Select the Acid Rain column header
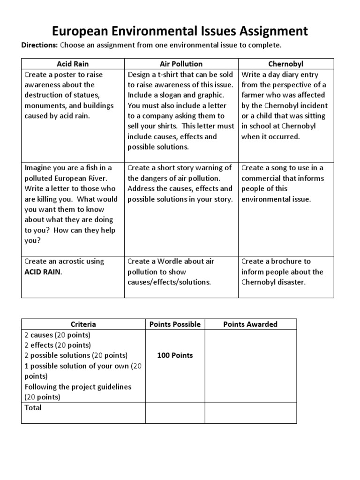(x=73, y=64)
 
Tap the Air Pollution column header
(x=181, y=64)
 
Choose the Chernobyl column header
(x=286, y=64)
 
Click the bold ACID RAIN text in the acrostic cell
(x=42, y=272)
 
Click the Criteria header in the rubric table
(x=83, y=324)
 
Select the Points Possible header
(x=175, y=324)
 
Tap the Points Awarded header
(x=250, y=324)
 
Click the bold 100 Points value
(x=175, y=355)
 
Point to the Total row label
(x=33, y=407)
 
